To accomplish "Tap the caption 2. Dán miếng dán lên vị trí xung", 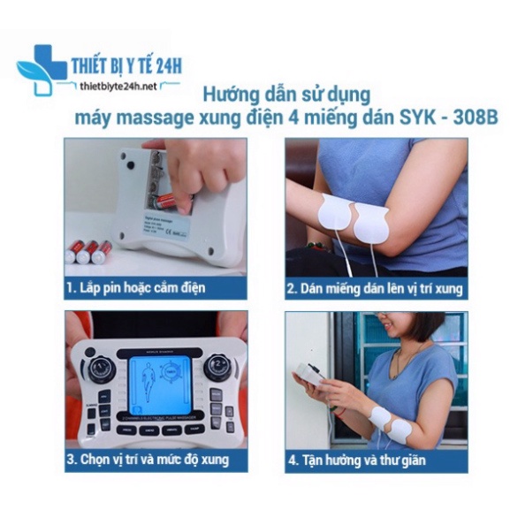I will tap(375, 288).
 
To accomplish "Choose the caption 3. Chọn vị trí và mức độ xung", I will tap(148, 460).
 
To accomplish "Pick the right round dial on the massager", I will tap(214, 367).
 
